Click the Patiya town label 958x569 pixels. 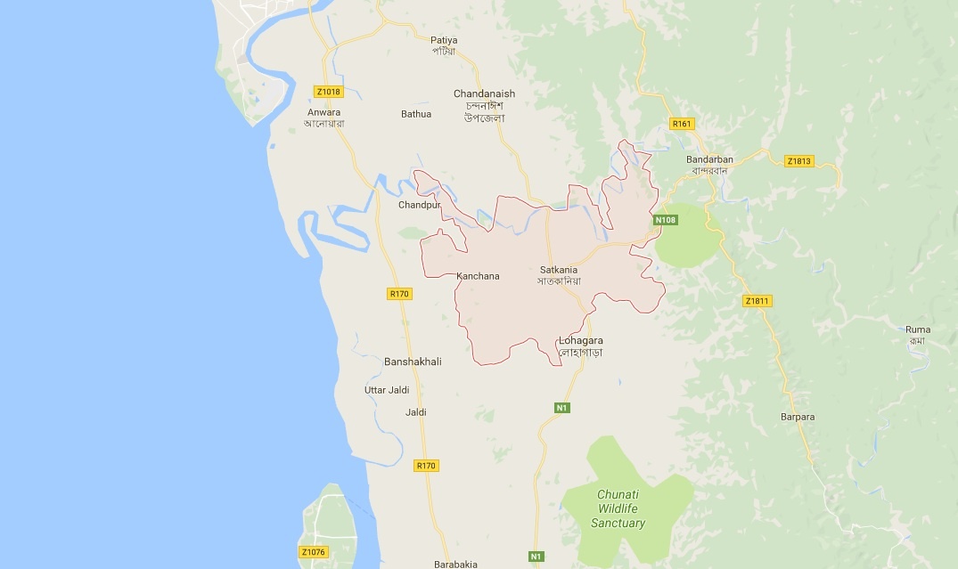tap(443, 40)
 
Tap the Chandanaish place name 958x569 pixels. tap(484, 93)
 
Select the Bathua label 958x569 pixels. tap(416, 114)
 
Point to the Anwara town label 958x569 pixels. tap(323, 112)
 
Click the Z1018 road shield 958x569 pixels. tap(328, 92)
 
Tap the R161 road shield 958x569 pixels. tap(682, 124)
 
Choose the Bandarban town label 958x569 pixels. tap(709, 159)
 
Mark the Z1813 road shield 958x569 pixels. tap(798, 161)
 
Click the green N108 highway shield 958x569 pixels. tap(665, 220)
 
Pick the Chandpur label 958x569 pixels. tap(420, 205)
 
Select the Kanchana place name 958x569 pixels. tap(478, 276)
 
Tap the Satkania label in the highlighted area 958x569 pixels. tap(559, 270)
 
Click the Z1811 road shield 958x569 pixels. tap(757, 301)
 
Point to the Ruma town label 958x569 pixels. tap(918, 329)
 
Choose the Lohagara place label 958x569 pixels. tap(581, 341)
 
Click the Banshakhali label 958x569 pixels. tap(413, 362)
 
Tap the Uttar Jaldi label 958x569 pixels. tap(387, 390)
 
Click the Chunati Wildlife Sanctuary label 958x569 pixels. tap(618, 508)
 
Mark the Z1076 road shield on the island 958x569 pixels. tap(314, 552)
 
